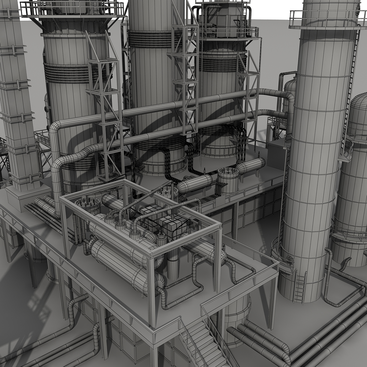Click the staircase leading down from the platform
tap(202, 339)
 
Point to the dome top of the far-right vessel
tap(359, 106)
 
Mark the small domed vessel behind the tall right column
tap(289, 89)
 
